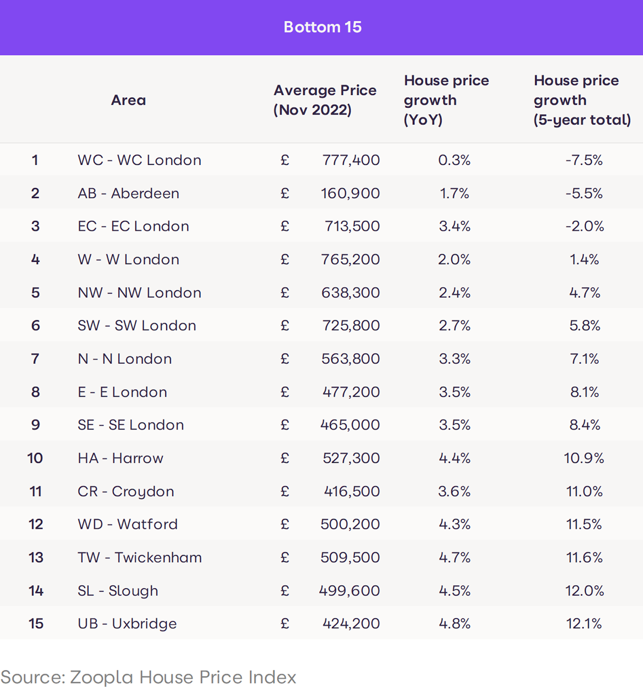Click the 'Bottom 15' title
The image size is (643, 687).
click(323, 27)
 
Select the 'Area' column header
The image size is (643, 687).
click(128, 100)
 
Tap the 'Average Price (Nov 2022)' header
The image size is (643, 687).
click(325, 100)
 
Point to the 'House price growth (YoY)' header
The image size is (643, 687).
click(446, 100)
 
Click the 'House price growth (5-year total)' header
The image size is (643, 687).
click(582, 100)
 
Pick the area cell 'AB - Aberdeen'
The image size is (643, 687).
click(128, 193)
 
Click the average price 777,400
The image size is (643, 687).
click(351, 160)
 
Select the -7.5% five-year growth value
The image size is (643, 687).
click(584, 160)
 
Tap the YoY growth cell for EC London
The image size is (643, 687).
click(454, 226)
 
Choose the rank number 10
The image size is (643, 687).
click(35, 458)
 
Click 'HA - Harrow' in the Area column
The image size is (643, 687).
click(120, 458)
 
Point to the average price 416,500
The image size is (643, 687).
click(352, 491)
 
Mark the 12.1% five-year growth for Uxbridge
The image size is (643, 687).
click(584, 623)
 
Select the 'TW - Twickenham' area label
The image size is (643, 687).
click(140, 557)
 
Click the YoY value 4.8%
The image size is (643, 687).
click(454, 623)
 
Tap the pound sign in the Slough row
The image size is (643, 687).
click(285, 591)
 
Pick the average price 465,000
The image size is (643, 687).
click(350, 425)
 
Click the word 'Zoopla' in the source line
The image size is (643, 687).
click(101, 677)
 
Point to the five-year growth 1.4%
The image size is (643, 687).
click(584, 259)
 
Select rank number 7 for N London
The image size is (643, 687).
click(35, 359)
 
